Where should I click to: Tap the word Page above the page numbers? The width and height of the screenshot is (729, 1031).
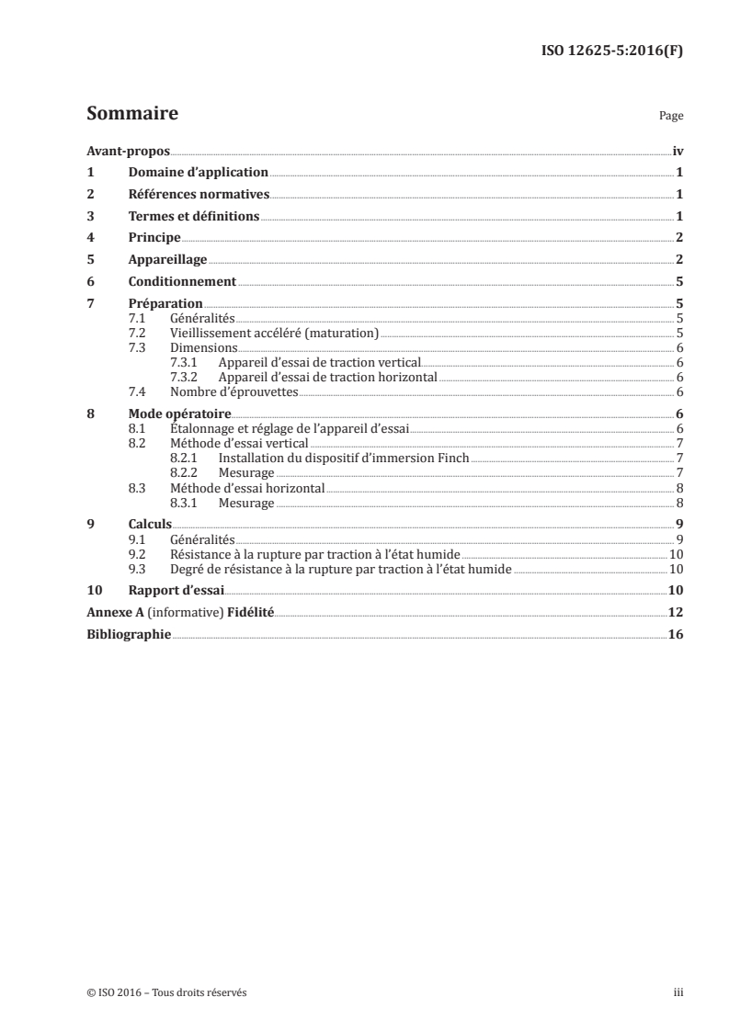[x=671, y=117]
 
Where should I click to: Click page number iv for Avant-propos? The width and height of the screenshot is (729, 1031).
[x=678, y=151]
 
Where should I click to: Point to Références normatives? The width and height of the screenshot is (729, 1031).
[x=199, y=194]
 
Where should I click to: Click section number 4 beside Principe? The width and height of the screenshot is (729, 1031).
[x=90, y=238]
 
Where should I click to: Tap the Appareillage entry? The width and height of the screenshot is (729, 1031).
[x=167, y=260]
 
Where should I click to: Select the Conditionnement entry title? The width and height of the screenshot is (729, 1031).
[x=182, y=282]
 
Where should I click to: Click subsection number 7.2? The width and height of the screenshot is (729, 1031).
[x=137, y=333]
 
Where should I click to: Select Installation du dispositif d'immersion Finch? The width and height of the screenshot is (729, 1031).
[x=343, y=458]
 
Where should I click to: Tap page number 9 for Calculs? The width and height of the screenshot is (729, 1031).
[x=678, y=525]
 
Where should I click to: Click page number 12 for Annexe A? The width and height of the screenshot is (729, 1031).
[x=676, y=613]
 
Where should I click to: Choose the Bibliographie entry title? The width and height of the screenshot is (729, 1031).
[x=128, y=635]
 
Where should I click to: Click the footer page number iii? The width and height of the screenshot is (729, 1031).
[x=678, y=992]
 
